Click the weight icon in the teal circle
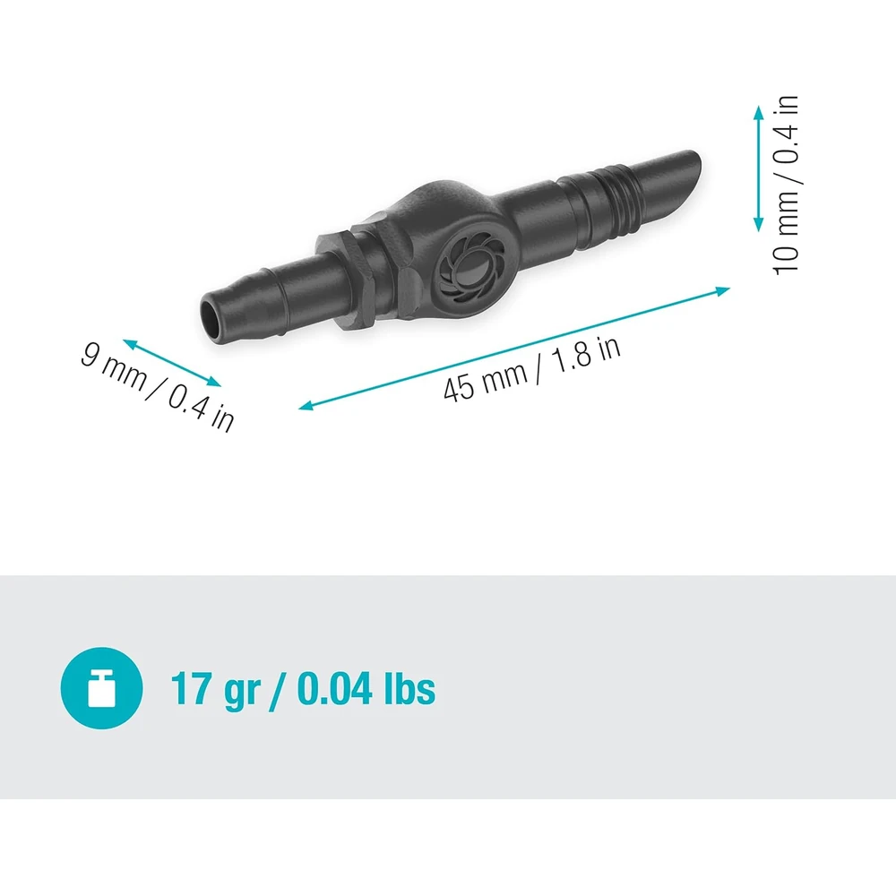[x=100, y=689]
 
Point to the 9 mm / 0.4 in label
[x=158, y=386]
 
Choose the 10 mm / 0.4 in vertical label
[x=786, y=185]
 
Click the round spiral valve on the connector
[x=467, y=271]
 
